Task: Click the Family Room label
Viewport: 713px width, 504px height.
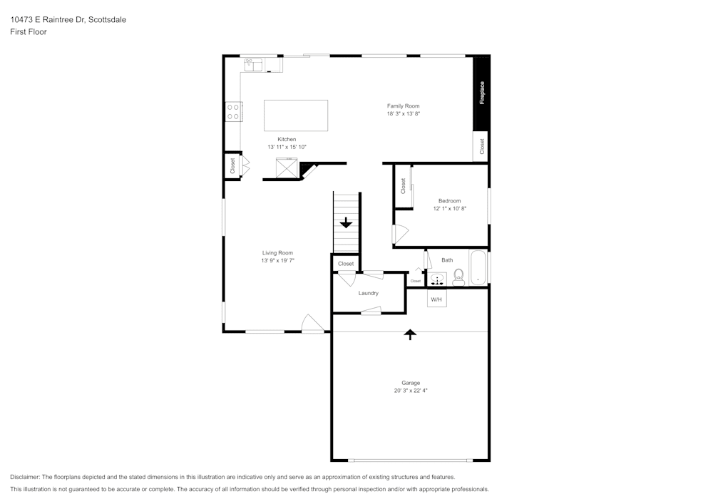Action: coord(403,106)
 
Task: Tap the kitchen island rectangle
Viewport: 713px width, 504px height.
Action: coord(296,115)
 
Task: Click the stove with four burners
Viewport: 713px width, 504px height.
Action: coord(233,112)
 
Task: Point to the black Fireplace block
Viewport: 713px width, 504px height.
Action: coord(482,93)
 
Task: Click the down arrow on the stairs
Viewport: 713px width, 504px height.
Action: coord(346,223)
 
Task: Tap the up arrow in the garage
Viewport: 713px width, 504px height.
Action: coord(410,334)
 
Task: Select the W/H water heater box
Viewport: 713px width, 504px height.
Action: coord(436,299)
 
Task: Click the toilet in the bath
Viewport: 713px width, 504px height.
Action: coord(458,276)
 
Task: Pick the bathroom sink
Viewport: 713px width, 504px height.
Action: coord(437,279)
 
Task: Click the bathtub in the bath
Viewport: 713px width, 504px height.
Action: coord(478,267)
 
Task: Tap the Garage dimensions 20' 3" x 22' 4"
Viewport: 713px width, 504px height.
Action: coord(410,391)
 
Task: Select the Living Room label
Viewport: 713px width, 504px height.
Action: coord(277,253)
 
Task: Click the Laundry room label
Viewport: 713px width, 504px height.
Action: coord(368,293)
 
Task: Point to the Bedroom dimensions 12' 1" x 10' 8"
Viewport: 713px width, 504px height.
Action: coord(449,209)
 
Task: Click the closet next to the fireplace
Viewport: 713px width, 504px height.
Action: coord(482,146)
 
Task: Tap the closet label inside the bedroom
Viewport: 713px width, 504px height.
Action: coord(403,186)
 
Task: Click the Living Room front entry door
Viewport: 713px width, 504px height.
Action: coord(312,324)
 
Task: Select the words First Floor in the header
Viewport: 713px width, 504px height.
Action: coord(29,32)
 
